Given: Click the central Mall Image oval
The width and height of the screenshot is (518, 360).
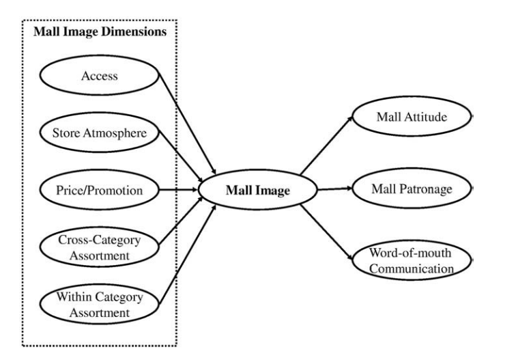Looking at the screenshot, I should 257,191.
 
